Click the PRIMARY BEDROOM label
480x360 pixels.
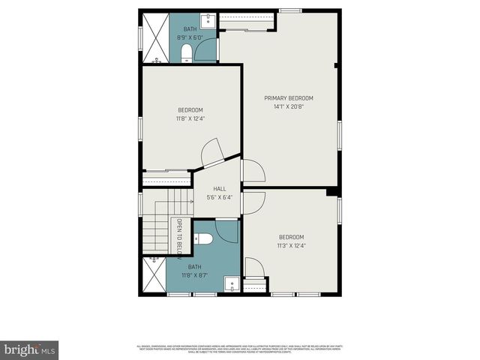(x=289, y=98)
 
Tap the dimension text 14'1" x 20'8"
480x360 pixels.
(x=289, y=106)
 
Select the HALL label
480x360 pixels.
(x=219, y=189)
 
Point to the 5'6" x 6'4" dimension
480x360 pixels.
(x=219, y=198)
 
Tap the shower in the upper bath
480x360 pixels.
(x=155, y=37)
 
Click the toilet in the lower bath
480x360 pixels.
(x=204, y=239)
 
